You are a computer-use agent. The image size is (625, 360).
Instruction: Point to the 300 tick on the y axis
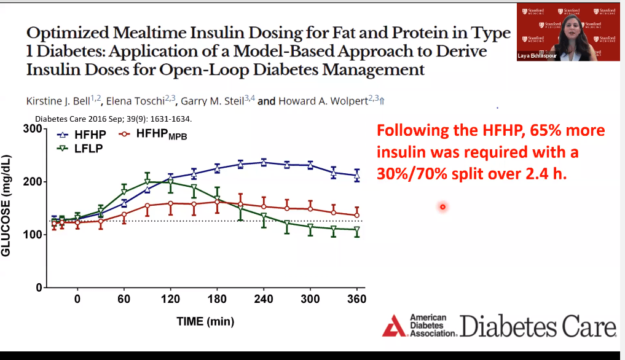(32, 129)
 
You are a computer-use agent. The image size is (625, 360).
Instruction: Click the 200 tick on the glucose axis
(32, 182)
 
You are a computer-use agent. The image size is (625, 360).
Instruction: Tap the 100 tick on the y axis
(32, 235)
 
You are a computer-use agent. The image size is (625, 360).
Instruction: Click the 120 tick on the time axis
(170, 299)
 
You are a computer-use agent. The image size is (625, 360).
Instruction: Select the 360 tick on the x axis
(357, 299)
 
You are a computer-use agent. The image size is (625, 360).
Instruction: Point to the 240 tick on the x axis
(264, 299)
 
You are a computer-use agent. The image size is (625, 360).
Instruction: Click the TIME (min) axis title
(205, 321)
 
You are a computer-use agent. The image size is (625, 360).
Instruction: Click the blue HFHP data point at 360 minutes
(357, 176)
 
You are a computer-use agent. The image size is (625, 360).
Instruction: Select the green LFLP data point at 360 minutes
(357, 230)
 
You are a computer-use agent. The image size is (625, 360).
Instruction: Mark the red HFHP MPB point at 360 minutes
(357, 215)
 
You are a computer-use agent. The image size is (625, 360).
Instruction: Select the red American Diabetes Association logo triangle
(393, 325)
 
